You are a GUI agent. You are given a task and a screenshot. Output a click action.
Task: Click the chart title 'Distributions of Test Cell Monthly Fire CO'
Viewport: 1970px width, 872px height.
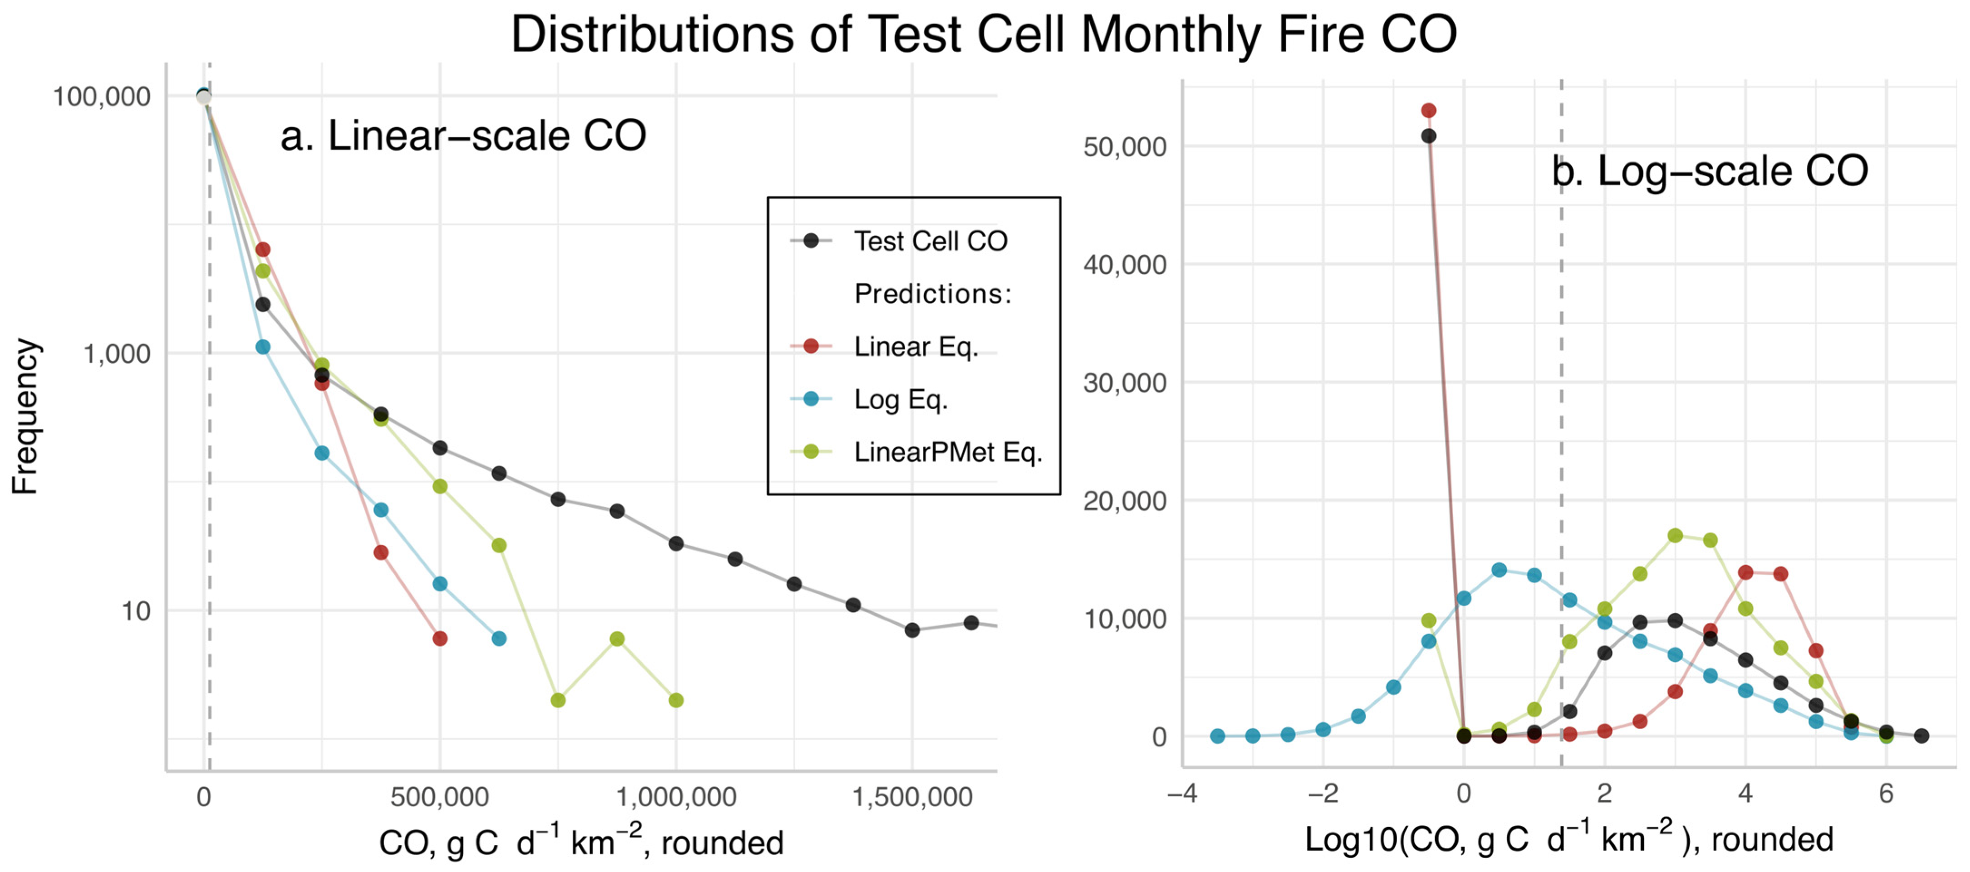(984, 34)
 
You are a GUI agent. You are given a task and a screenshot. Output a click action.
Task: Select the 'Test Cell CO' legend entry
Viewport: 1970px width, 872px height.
(930, 242)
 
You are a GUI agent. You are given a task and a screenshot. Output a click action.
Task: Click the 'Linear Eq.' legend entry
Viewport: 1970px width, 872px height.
(916, 347)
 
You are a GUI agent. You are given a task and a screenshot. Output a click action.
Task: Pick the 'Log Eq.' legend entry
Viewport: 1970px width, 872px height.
(900, 400)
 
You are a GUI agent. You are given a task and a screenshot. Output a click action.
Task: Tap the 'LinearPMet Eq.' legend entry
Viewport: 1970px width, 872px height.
(947, 452)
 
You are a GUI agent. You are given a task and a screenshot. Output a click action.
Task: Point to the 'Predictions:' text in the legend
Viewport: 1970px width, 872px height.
(932, 294)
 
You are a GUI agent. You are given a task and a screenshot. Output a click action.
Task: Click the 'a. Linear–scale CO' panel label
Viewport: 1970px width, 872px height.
(463, 136)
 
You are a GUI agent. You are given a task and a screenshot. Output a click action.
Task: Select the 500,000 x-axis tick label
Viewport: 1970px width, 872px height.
(439, 797)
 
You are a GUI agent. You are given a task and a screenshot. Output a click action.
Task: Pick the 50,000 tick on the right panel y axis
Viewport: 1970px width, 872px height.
(1124, 147)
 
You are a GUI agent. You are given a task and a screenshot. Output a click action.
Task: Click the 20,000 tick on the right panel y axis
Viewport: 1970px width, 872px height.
(1124, 501)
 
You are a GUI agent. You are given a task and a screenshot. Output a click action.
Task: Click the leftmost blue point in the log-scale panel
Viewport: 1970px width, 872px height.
(1217, 736)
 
